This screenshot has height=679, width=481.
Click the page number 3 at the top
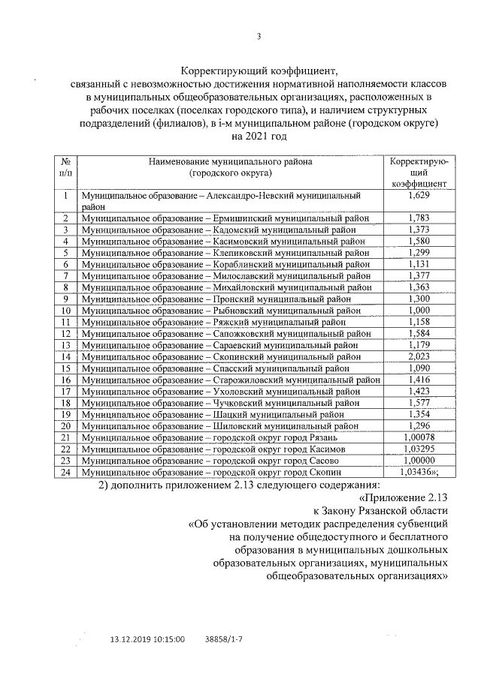tap(258, 35)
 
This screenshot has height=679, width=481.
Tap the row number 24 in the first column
tap(65, 472)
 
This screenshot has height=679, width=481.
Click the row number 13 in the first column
tap(65, 345)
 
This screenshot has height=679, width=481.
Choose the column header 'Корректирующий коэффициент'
tap(418, 172)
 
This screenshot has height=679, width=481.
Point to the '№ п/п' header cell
tap(65, 167)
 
